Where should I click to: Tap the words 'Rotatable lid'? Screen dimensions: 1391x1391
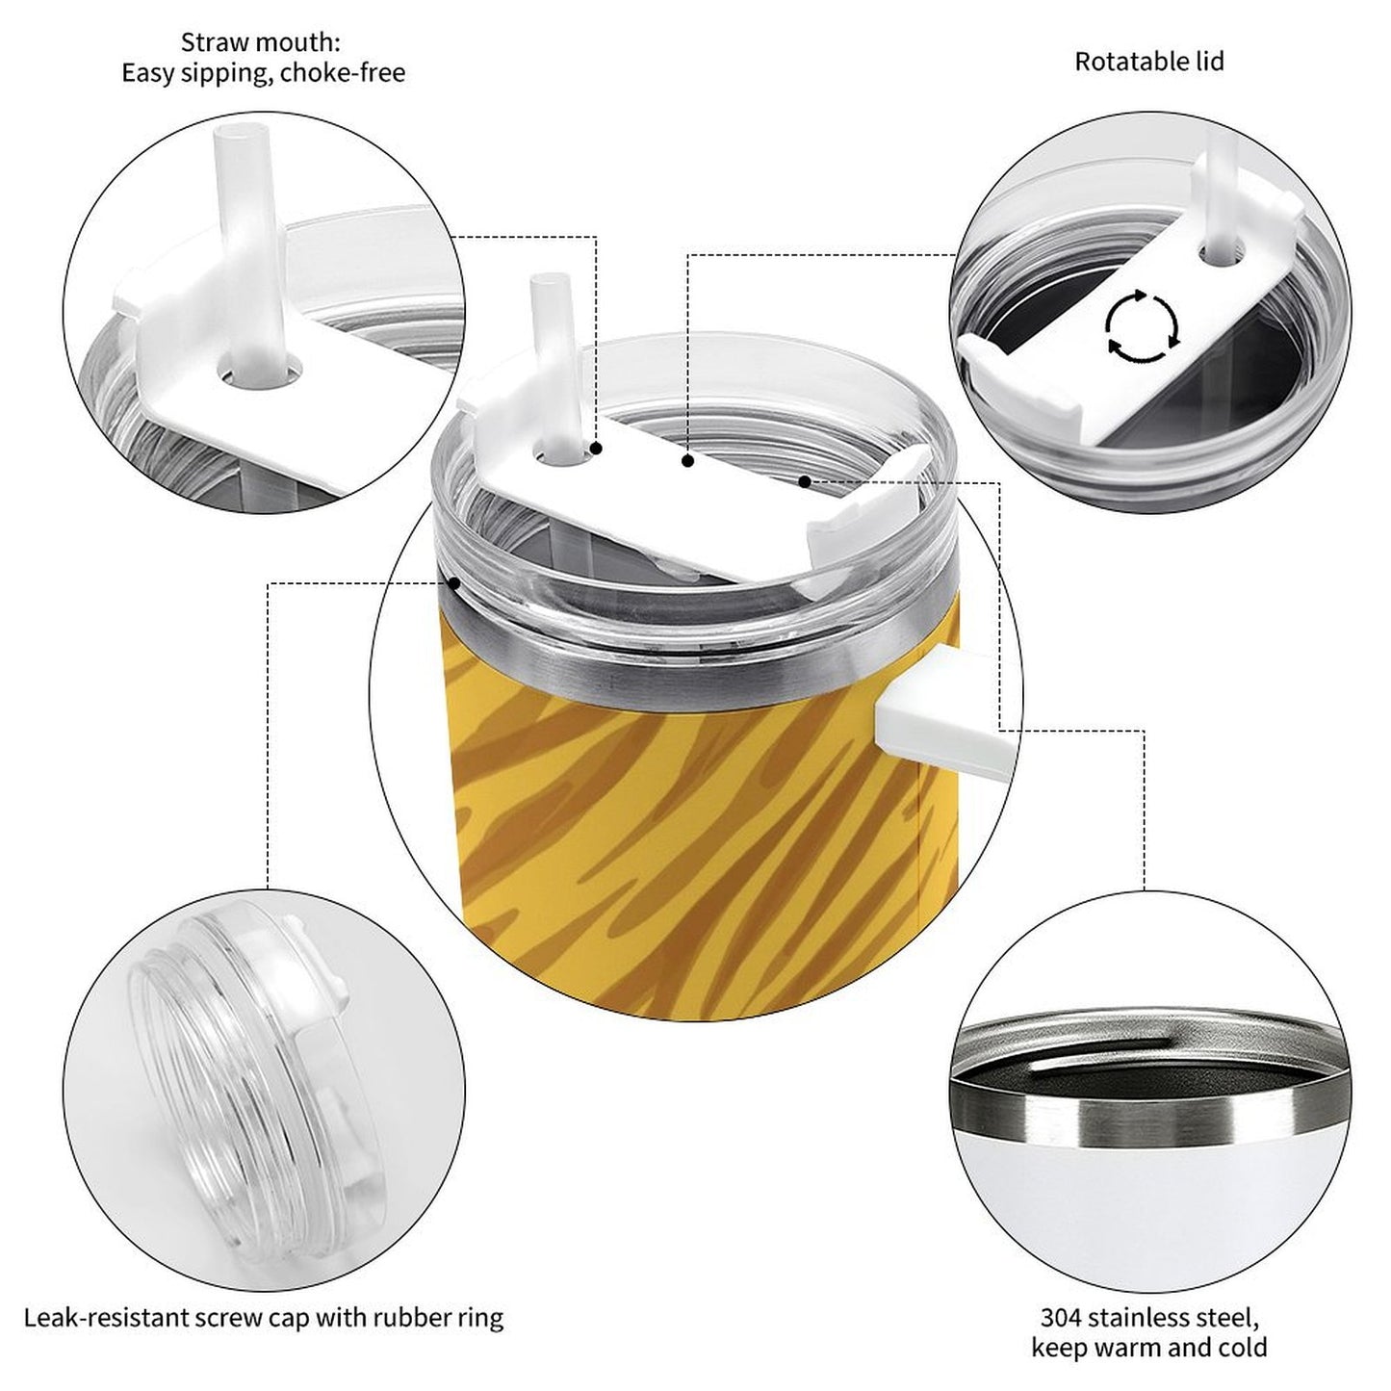[x=1149, y=62]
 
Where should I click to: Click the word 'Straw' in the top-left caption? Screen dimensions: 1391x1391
[x=209, y=43]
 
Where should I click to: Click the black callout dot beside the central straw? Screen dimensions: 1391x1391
[x=596, y=449]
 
